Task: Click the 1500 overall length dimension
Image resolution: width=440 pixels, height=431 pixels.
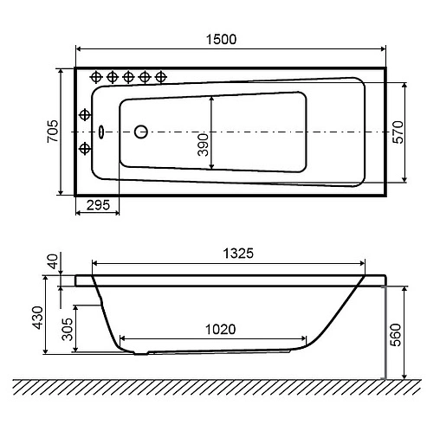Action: [x=222, y=39]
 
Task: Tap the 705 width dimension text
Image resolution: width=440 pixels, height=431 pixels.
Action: [x=53, y=132]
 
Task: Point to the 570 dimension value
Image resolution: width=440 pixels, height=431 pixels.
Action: [x=422, y=132]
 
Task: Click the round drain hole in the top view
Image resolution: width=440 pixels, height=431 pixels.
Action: [x=141, y=132]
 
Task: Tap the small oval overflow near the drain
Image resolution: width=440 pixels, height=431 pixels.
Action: [x=102, y=132]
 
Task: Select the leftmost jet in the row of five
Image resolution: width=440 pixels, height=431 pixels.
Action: [x=97, y=76]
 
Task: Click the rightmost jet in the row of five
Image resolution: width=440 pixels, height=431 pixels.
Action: [x=159, y=76]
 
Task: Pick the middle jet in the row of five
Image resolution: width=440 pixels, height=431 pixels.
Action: [x=128, y=76]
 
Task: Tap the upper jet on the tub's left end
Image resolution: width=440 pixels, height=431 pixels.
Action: [x=85, y=115]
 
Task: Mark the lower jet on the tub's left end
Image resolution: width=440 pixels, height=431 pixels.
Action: [x=85, y=146]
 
